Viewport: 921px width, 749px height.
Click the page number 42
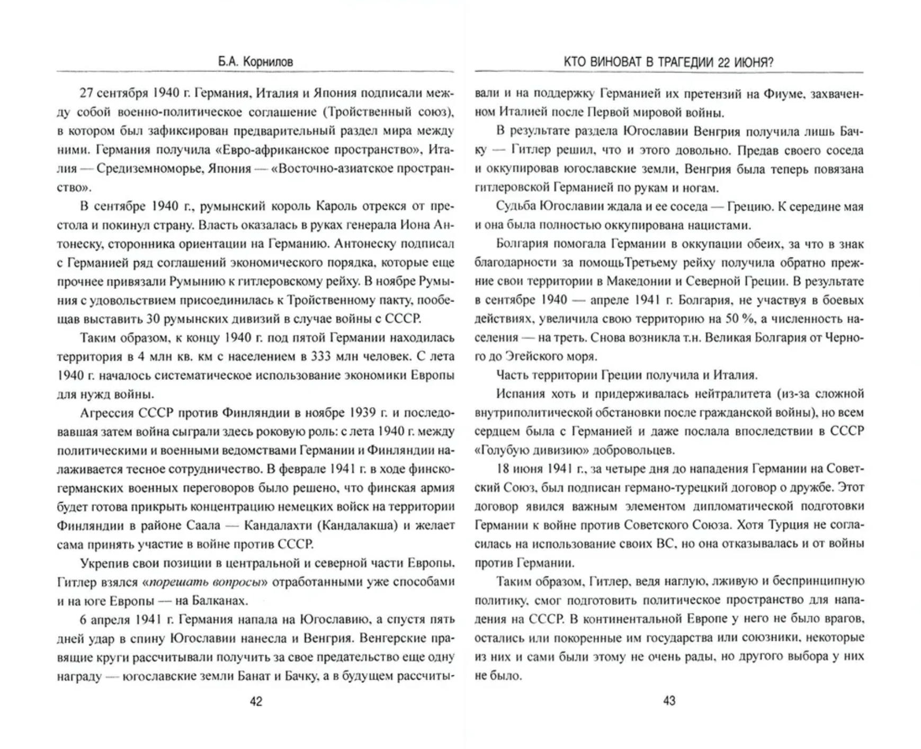coord(256,701)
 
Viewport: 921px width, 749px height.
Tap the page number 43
coord(669,701)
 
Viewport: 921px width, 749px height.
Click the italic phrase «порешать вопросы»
coord(205,582)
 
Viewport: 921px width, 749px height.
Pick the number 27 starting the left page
coord(86,93)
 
